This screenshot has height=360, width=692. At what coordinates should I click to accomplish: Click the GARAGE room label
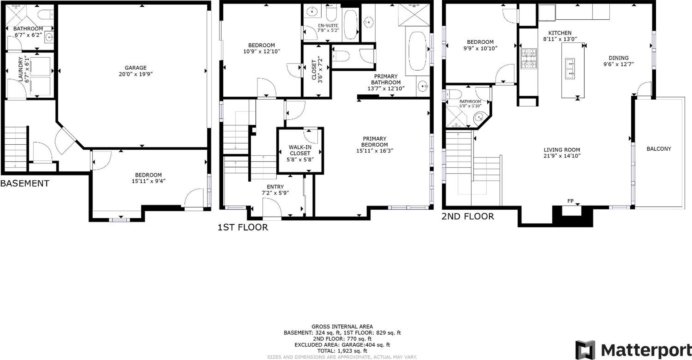point(135,68)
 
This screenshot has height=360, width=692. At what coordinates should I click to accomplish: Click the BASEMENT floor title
point(25,184)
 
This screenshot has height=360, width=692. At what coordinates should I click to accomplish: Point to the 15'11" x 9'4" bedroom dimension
point(148,181)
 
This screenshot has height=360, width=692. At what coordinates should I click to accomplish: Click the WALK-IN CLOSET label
point(300,150)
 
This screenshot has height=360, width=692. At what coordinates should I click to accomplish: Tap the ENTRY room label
point(275,187)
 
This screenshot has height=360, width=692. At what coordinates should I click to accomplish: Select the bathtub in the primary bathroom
point(417,51)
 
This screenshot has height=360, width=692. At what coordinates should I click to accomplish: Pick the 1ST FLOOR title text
point(243,227)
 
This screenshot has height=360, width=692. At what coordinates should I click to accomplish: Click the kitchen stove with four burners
point(529,59)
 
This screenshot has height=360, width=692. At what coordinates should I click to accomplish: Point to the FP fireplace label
point(570,201)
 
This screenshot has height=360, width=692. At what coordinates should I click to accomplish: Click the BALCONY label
point(659,149)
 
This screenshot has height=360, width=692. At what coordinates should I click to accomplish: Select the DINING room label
point(618,58)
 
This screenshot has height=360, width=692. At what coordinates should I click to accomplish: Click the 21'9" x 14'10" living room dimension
point(562,156)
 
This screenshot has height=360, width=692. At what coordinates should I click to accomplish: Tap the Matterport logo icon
point(585,350)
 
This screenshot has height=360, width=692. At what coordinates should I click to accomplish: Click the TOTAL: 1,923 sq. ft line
point(342,351)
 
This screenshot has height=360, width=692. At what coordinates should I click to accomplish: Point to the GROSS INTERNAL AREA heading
point(342,327)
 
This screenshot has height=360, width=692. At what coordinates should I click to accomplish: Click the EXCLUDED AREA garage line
point(342,345)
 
